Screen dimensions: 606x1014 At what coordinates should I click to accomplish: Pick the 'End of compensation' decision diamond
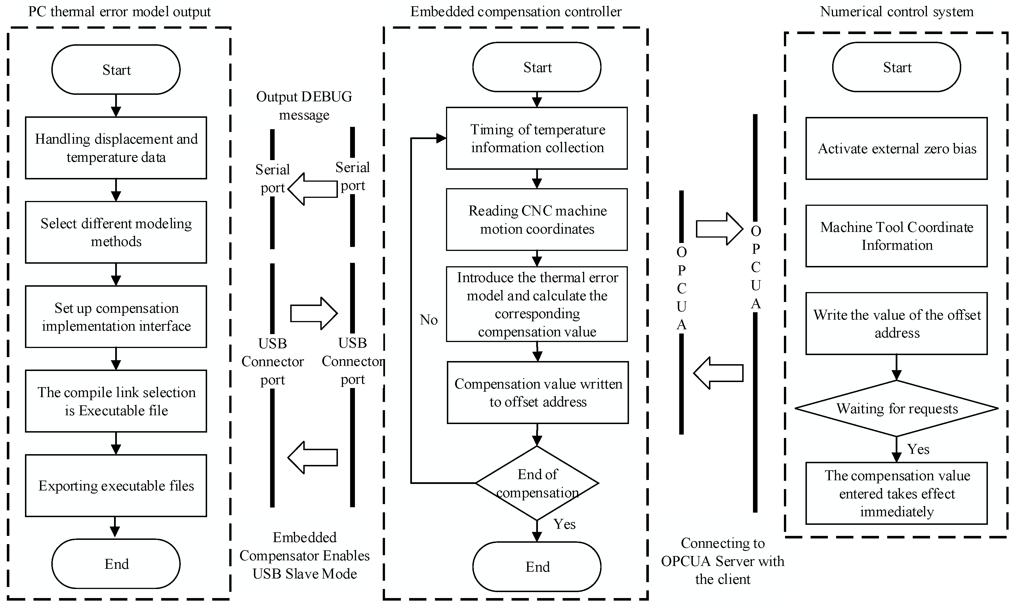pyautogui.click(x=537, y=483)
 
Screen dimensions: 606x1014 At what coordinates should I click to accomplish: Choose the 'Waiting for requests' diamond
pyautogui.click(x=897, y=408)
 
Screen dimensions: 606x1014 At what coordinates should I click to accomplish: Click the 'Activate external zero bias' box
pyautogui.click(x=897, y=148)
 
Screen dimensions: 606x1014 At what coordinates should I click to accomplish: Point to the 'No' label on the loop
pyautogui.click(x=428, y=320)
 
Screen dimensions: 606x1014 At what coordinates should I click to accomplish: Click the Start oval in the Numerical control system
pyautogui.click(x=897, y=67)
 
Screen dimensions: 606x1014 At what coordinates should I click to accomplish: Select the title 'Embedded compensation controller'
pyautogui.click(x=516, y=11)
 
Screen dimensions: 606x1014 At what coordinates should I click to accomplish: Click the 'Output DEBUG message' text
pyautogui.click(x=304, y=105)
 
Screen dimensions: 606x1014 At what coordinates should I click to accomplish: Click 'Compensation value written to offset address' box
pyautogui.click(x=538, y=393)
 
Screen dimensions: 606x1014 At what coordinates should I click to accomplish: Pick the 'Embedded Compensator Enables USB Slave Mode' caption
pyautogui.click(x=304, y=555)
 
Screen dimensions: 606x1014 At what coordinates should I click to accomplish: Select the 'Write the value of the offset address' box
pyautogui.click(x=897, y=323)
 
